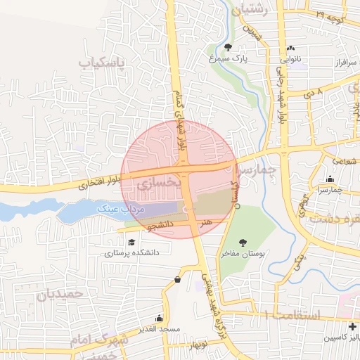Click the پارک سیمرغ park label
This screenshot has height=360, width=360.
coord(229,60)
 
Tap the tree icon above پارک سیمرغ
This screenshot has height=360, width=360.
coord(229,48)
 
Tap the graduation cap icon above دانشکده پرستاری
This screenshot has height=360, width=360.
coord(131,242)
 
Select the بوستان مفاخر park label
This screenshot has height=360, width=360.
coord(243,256)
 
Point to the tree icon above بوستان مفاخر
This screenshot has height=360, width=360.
coord(243,243)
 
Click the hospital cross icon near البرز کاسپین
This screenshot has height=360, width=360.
coord(352,326)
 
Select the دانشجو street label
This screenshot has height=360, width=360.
coord(160,224)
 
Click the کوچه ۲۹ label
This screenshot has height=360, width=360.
coord(330,15)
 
